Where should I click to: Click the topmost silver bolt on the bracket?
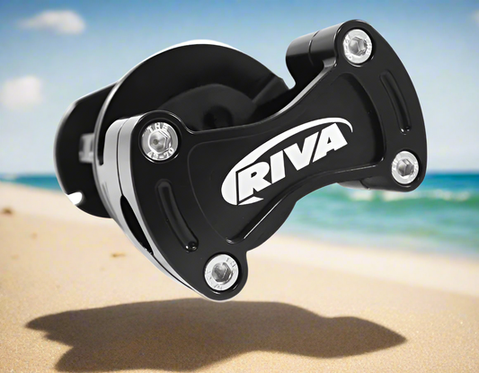coord(357,43)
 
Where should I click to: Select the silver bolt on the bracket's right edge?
coord(404,165)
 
